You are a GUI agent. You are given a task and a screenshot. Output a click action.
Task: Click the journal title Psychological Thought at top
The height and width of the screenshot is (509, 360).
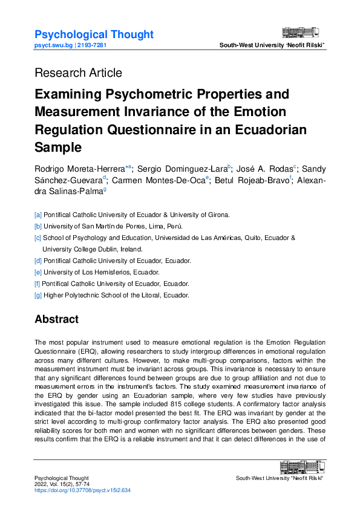point(94,34)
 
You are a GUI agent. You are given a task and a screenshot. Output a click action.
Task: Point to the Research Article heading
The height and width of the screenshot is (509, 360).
point(78,73)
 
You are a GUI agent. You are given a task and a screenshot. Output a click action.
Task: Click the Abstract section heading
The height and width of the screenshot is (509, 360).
point(56,319)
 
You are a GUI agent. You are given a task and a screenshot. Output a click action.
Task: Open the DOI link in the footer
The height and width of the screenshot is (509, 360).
point(82,490)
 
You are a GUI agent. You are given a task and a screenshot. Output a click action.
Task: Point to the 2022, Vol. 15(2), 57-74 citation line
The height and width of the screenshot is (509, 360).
point(62,484)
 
